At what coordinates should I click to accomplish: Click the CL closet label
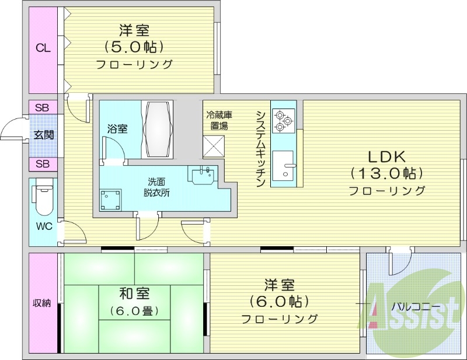pyautogui.click(x=43, y=48)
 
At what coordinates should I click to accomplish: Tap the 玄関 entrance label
pyautogui.click(x=43, y=135)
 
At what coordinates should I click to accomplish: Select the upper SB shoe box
pyautogui.click(x=43, y=108)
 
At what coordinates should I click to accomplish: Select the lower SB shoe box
pyautogui.click(x=43, y=164)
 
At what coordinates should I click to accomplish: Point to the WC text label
pyautogui.click(x=43, y=225)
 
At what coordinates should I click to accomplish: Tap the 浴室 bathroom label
pyautogui.click(x=117, y=129)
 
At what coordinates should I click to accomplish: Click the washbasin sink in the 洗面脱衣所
pyautogui.click(x=203, y=174)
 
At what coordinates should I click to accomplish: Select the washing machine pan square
pyautogui.click(x=110, y=200)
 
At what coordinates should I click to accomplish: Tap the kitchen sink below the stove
pyautogui.click(x=284, y=166)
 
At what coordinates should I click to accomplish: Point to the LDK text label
pyautogui.click(x=386, y=156)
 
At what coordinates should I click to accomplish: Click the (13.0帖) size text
pyautogui.click(x=386, y=173)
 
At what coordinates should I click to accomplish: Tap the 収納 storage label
pyautogui.click(x=41, y=303)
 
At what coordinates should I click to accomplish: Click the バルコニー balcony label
pyautogui.click(x=415, y=305)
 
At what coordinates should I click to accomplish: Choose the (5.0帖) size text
pyautogui.click(x=134, y=46)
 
